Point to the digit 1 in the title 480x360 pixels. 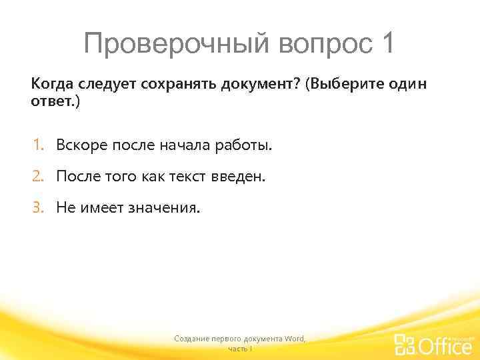pyautogui.click(x=387, y=43)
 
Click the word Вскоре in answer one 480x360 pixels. pyautogui.click(x=77, y=145)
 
